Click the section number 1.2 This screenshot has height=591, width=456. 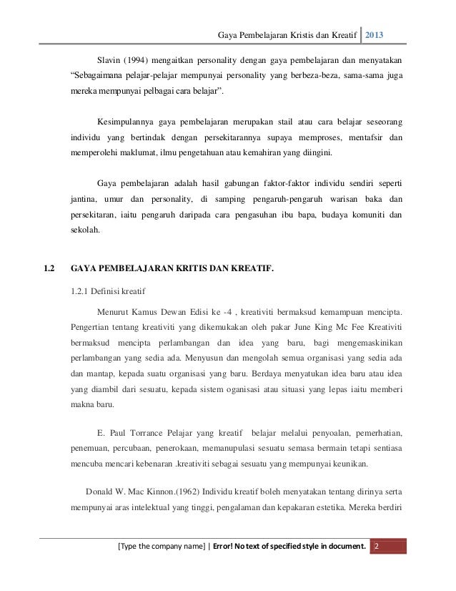(x=50, y=269)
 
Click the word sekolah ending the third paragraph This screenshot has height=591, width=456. (x=86, y=231)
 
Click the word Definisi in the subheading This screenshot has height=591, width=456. (x=112, y=290)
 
